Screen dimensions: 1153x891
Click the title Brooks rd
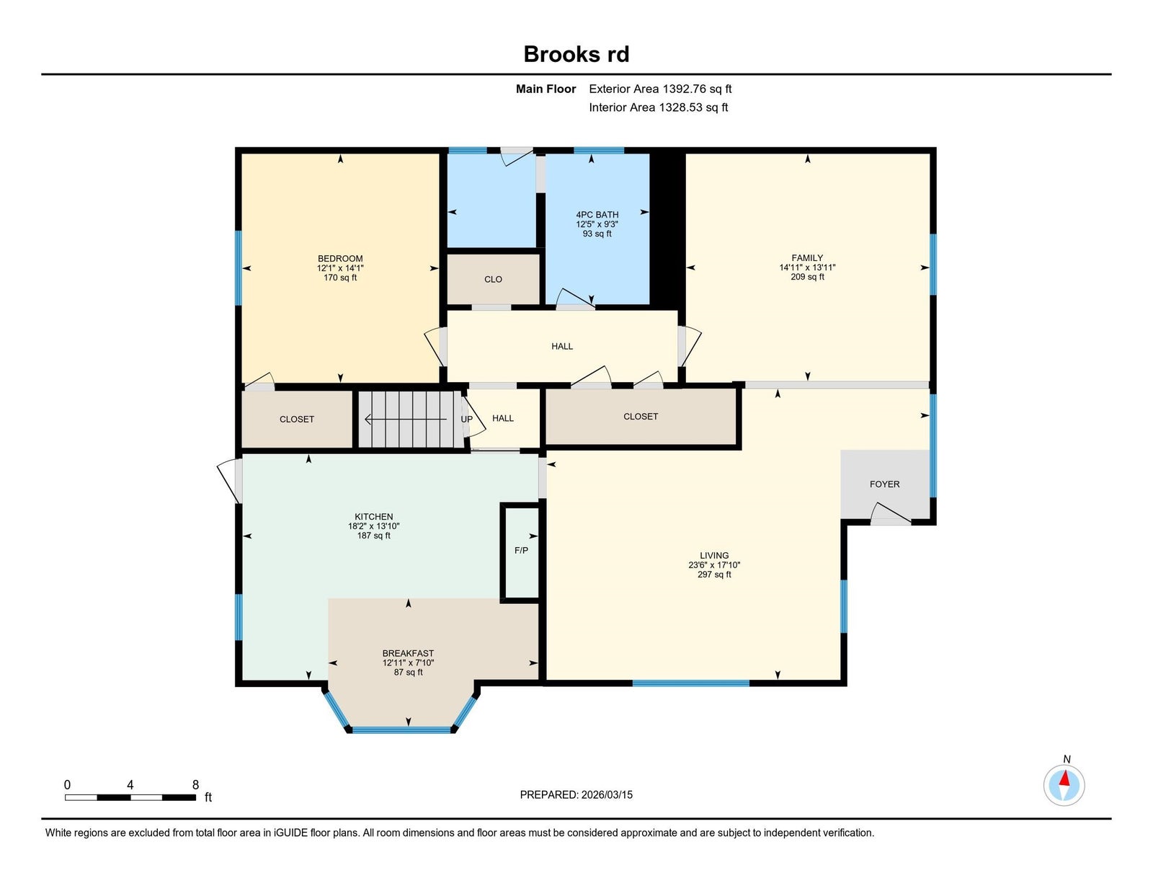pos(576,54)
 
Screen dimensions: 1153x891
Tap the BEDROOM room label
pos(340,259)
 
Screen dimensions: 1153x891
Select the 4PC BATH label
pos(597,215)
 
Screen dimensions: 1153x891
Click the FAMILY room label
pos(807,258)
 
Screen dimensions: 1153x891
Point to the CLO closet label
pos(493,280)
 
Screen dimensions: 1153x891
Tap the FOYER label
pos(884,484)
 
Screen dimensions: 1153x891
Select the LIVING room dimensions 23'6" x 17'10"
pos(714,565)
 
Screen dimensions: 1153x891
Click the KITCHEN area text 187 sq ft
pos(373,536)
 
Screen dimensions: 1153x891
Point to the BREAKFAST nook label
pos(408,653)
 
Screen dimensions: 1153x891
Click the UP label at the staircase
pos(466,420)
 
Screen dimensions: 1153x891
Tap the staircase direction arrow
pos(406,420)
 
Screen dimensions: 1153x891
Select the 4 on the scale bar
pos(130,785)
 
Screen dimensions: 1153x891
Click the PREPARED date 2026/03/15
pos(607,795)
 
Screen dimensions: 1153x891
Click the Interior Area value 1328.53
pos(681,107)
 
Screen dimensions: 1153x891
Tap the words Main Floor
pos(546,89)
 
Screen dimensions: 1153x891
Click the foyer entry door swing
pos(891,513)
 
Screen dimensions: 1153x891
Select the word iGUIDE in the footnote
pos(290,833)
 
